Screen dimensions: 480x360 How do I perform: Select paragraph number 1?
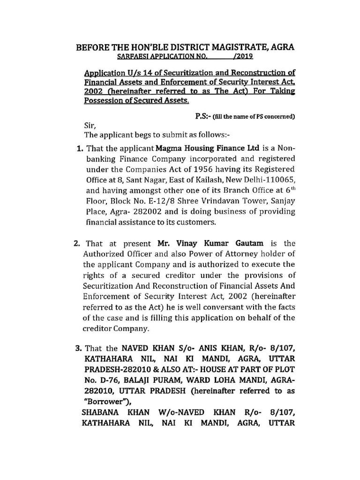[x=78, y=149]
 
